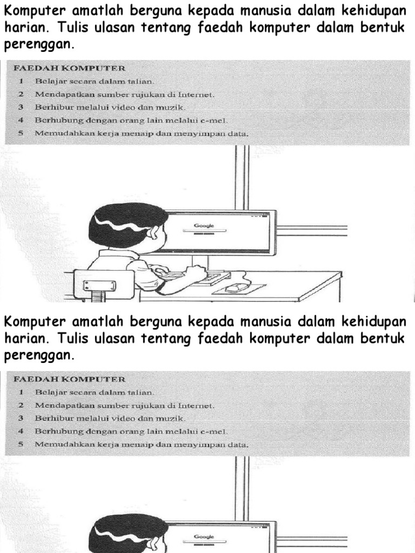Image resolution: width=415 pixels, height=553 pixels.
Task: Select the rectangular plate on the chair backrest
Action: pyautogui.click(x=99, y=286)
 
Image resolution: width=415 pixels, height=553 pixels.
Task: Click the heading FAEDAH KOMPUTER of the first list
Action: pyautogui.click(x=69, y=68)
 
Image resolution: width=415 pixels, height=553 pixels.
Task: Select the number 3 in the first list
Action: pyautogui.click(x=21, y=107)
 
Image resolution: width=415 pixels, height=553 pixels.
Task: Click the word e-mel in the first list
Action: pyautogui.click(x=214, y=120)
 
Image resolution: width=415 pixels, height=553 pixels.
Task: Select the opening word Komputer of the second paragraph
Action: pyautogui.click(x=32, y=322)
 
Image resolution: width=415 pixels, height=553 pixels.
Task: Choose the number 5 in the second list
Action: pyautogui.click(x=21, y=444)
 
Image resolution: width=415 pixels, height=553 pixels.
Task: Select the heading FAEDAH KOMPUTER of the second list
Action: pyautogui.click(x=69, y=379)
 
